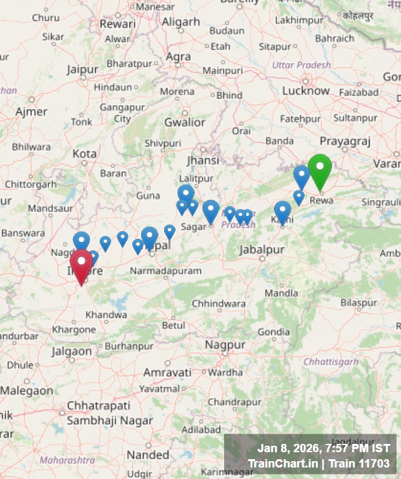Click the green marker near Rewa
320,170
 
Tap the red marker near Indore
81,264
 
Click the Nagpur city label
225,345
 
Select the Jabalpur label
262,250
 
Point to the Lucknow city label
306,91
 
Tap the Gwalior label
185,122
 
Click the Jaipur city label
82,69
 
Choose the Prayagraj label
345,141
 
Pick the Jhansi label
203,160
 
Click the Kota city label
84,154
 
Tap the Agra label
178,57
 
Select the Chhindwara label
219,303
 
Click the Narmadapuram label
165,271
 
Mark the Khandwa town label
106,315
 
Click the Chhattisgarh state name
331,361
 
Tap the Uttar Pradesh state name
301,65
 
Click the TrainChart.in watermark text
282,463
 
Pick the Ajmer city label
31,112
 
